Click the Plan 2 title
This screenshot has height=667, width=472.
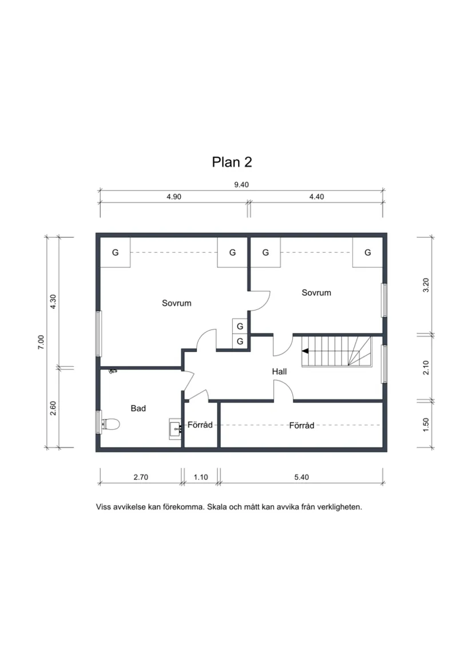point(232,162)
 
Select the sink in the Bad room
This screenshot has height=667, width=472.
point(175,429)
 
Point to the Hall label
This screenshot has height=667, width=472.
point(279,371)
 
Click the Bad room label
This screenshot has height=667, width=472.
point(138,408)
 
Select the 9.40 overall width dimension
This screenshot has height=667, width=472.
point(241,185)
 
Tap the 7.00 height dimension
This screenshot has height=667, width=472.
point(41,342)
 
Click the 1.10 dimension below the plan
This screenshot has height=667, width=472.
point(201,477)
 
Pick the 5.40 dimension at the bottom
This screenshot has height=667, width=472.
point(302,477)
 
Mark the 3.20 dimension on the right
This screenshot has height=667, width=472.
point(426,285)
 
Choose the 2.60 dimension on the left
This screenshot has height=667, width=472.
point(53,408)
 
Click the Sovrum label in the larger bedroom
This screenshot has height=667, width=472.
point(177,303)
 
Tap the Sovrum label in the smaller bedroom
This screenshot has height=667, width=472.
point(316,293)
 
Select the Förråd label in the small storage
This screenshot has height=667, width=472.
point(200,424)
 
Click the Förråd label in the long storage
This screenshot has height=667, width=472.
point(302,426)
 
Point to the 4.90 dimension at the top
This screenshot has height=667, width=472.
point(174,197)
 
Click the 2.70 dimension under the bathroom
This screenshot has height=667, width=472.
point(141,477)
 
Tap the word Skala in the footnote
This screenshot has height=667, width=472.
point(216,507)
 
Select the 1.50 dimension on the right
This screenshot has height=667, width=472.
point(426,424)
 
